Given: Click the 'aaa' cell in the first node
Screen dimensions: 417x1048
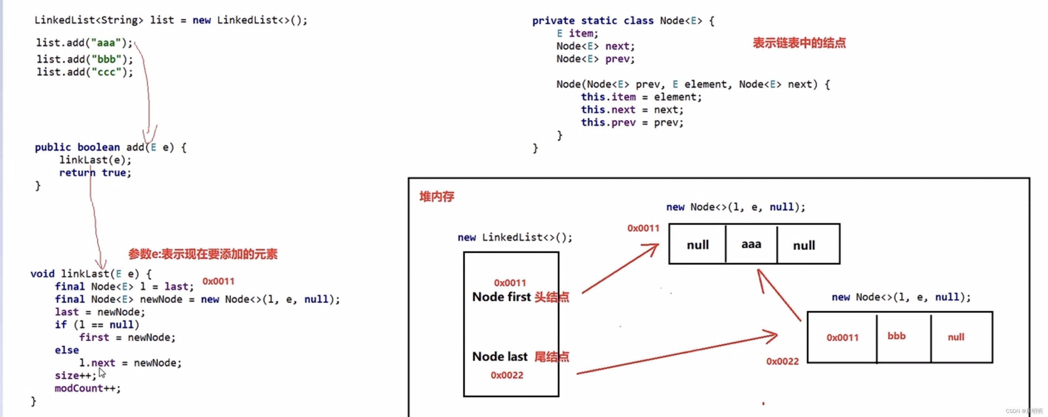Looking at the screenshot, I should (x=751, y=244).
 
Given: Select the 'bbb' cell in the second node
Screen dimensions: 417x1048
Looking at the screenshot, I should (x=896, y=336).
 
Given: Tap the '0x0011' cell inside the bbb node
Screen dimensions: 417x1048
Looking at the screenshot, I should (x=842, y=337).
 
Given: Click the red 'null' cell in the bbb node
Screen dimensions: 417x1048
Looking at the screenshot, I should (x=956, y=337).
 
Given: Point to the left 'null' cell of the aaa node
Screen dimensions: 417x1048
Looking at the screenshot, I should (x=697, y=245).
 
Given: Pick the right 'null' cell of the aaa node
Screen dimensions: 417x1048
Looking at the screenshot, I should (x=804, y=245).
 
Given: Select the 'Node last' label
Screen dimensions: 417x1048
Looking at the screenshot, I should (x=500, y=357).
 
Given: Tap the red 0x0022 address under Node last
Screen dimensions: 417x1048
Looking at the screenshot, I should (x=507, y=375).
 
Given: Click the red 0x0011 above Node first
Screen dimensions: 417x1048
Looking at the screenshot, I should (x=510, y=283).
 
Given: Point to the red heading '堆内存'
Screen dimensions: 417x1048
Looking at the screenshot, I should (x=437, y=197).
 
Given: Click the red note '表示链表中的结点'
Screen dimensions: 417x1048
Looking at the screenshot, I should (x=799, y=43).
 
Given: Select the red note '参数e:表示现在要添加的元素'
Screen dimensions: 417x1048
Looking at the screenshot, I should (x=202, y=254).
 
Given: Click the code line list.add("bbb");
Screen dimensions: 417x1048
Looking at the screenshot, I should (x=84, y=59).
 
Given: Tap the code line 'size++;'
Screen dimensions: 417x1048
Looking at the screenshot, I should (x=76, y=375).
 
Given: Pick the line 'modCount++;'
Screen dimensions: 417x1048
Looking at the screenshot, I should (x=87, y=388).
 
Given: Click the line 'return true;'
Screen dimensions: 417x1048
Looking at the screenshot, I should (x=95, y=173).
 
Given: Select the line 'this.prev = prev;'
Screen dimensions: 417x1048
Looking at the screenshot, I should (x=632, y=122).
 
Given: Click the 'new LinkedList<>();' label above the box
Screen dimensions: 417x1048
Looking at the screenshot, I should (x=515, y=237).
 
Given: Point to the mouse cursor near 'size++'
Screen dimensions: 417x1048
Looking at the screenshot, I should (x=102, y=372).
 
